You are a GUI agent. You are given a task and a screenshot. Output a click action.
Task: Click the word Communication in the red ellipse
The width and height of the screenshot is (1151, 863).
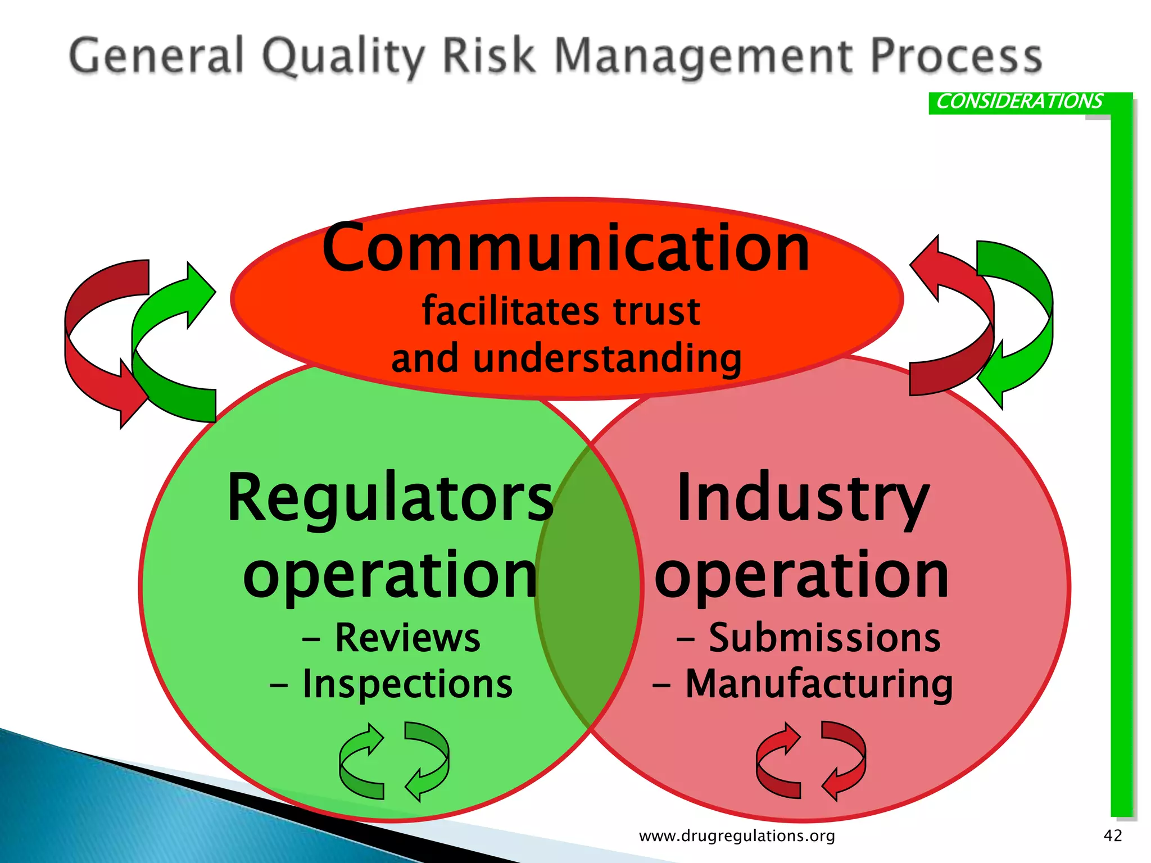566,248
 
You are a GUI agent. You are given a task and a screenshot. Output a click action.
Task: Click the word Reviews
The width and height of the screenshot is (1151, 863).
407,638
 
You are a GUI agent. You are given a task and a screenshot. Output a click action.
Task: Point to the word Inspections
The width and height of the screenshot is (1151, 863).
407,684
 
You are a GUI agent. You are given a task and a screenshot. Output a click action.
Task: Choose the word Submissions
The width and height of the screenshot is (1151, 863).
824,638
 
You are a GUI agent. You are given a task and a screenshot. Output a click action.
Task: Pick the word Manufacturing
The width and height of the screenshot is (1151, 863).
819,684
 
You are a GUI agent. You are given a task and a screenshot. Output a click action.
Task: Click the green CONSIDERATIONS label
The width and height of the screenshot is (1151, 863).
1019,102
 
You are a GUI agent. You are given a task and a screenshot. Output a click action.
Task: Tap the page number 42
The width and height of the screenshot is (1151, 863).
1113,835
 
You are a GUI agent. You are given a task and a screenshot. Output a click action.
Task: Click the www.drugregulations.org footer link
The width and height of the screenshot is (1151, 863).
737,836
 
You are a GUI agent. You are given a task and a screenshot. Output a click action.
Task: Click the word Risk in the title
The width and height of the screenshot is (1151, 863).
488,56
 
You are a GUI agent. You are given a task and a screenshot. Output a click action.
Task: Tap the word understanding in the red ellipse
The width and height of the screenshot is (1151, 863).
607,358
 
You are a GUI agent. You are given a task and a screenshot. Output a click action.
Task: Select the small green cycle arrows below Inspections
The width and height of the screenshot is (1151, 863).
394,761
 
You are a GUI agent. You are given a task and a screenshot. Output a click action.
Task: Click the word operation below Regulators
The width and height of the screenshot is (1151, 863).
390,575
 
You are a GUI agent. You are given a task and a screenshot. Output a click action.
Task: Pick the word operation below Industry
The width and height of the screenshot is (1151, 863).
802,575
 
